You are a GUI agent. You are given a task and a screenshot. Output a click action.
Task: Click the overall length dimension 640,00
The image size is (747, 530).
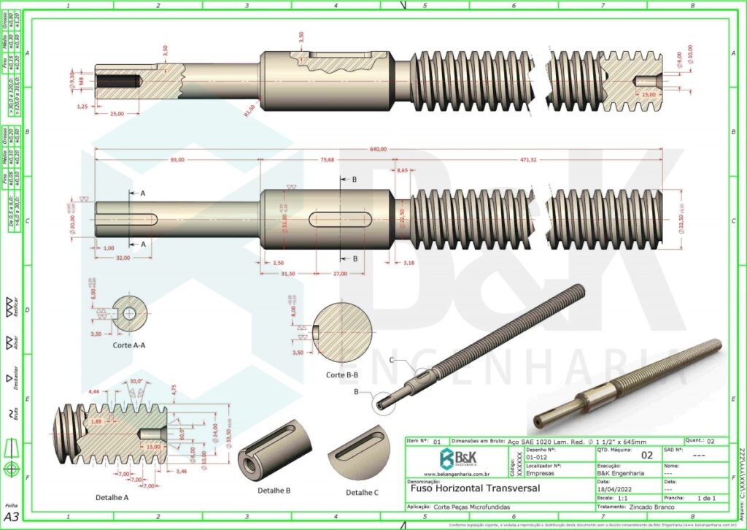(378, 150)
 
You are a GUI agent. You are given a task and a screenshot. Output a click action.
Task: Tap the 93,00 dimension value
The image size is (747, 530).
(177, 160)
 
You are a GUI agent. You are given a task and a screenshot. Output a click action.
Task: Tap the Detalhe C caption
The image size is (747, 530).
(363, 492)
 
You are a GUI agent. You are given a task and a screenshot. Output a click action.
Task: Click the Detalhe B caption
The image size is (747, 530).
(274, 491)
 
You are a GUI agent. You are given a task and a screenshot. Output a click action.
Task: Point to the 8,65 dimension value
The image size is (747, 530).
(402, 170)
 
